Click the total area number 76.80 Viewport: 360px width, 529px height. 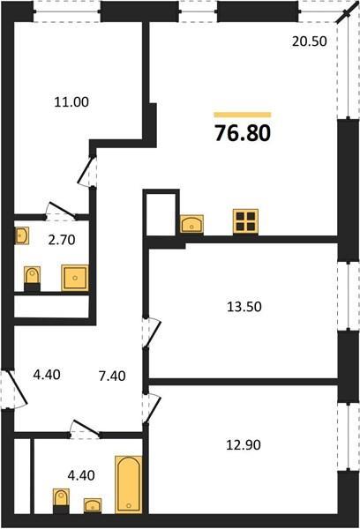pos(243,133)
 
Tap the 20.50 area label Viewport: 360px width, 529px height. pos(310,41)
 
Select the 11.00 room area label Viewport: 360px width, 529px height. pos(71,102)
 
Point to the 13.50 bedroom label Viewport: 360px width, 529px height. pos(244,307)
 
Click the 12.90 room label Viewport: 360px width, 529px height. pos(244,445)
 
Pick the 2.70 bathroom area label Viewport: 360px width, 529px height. pos(62,240)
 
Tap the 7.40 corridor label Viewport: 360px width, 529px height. pos(112,376)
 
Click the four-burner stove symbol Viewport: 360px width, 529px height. pos(245,221)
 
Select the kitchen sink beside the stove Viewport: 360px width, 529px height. pos(191,224)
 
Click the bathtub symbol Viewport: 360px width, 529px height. pos(129,484)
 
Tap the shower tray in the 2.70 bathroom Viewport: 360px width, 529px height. pos(75,278)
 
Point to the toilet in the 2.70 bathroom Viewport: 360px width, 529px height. pos(32,279)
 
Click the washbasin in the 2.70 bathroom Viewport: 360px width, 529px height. pos(22,235)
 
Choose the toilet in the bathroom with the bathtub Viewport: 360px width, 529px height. pos(61,501)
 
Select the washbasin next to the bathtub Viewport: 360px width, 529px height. pos(93,506)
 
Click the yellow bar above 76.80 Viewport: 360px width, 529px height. pos(243,115)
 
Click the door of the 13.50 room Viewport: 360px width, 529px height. pos(151,332)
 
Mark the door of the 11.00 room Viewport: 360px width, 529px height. pos(87,171)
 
